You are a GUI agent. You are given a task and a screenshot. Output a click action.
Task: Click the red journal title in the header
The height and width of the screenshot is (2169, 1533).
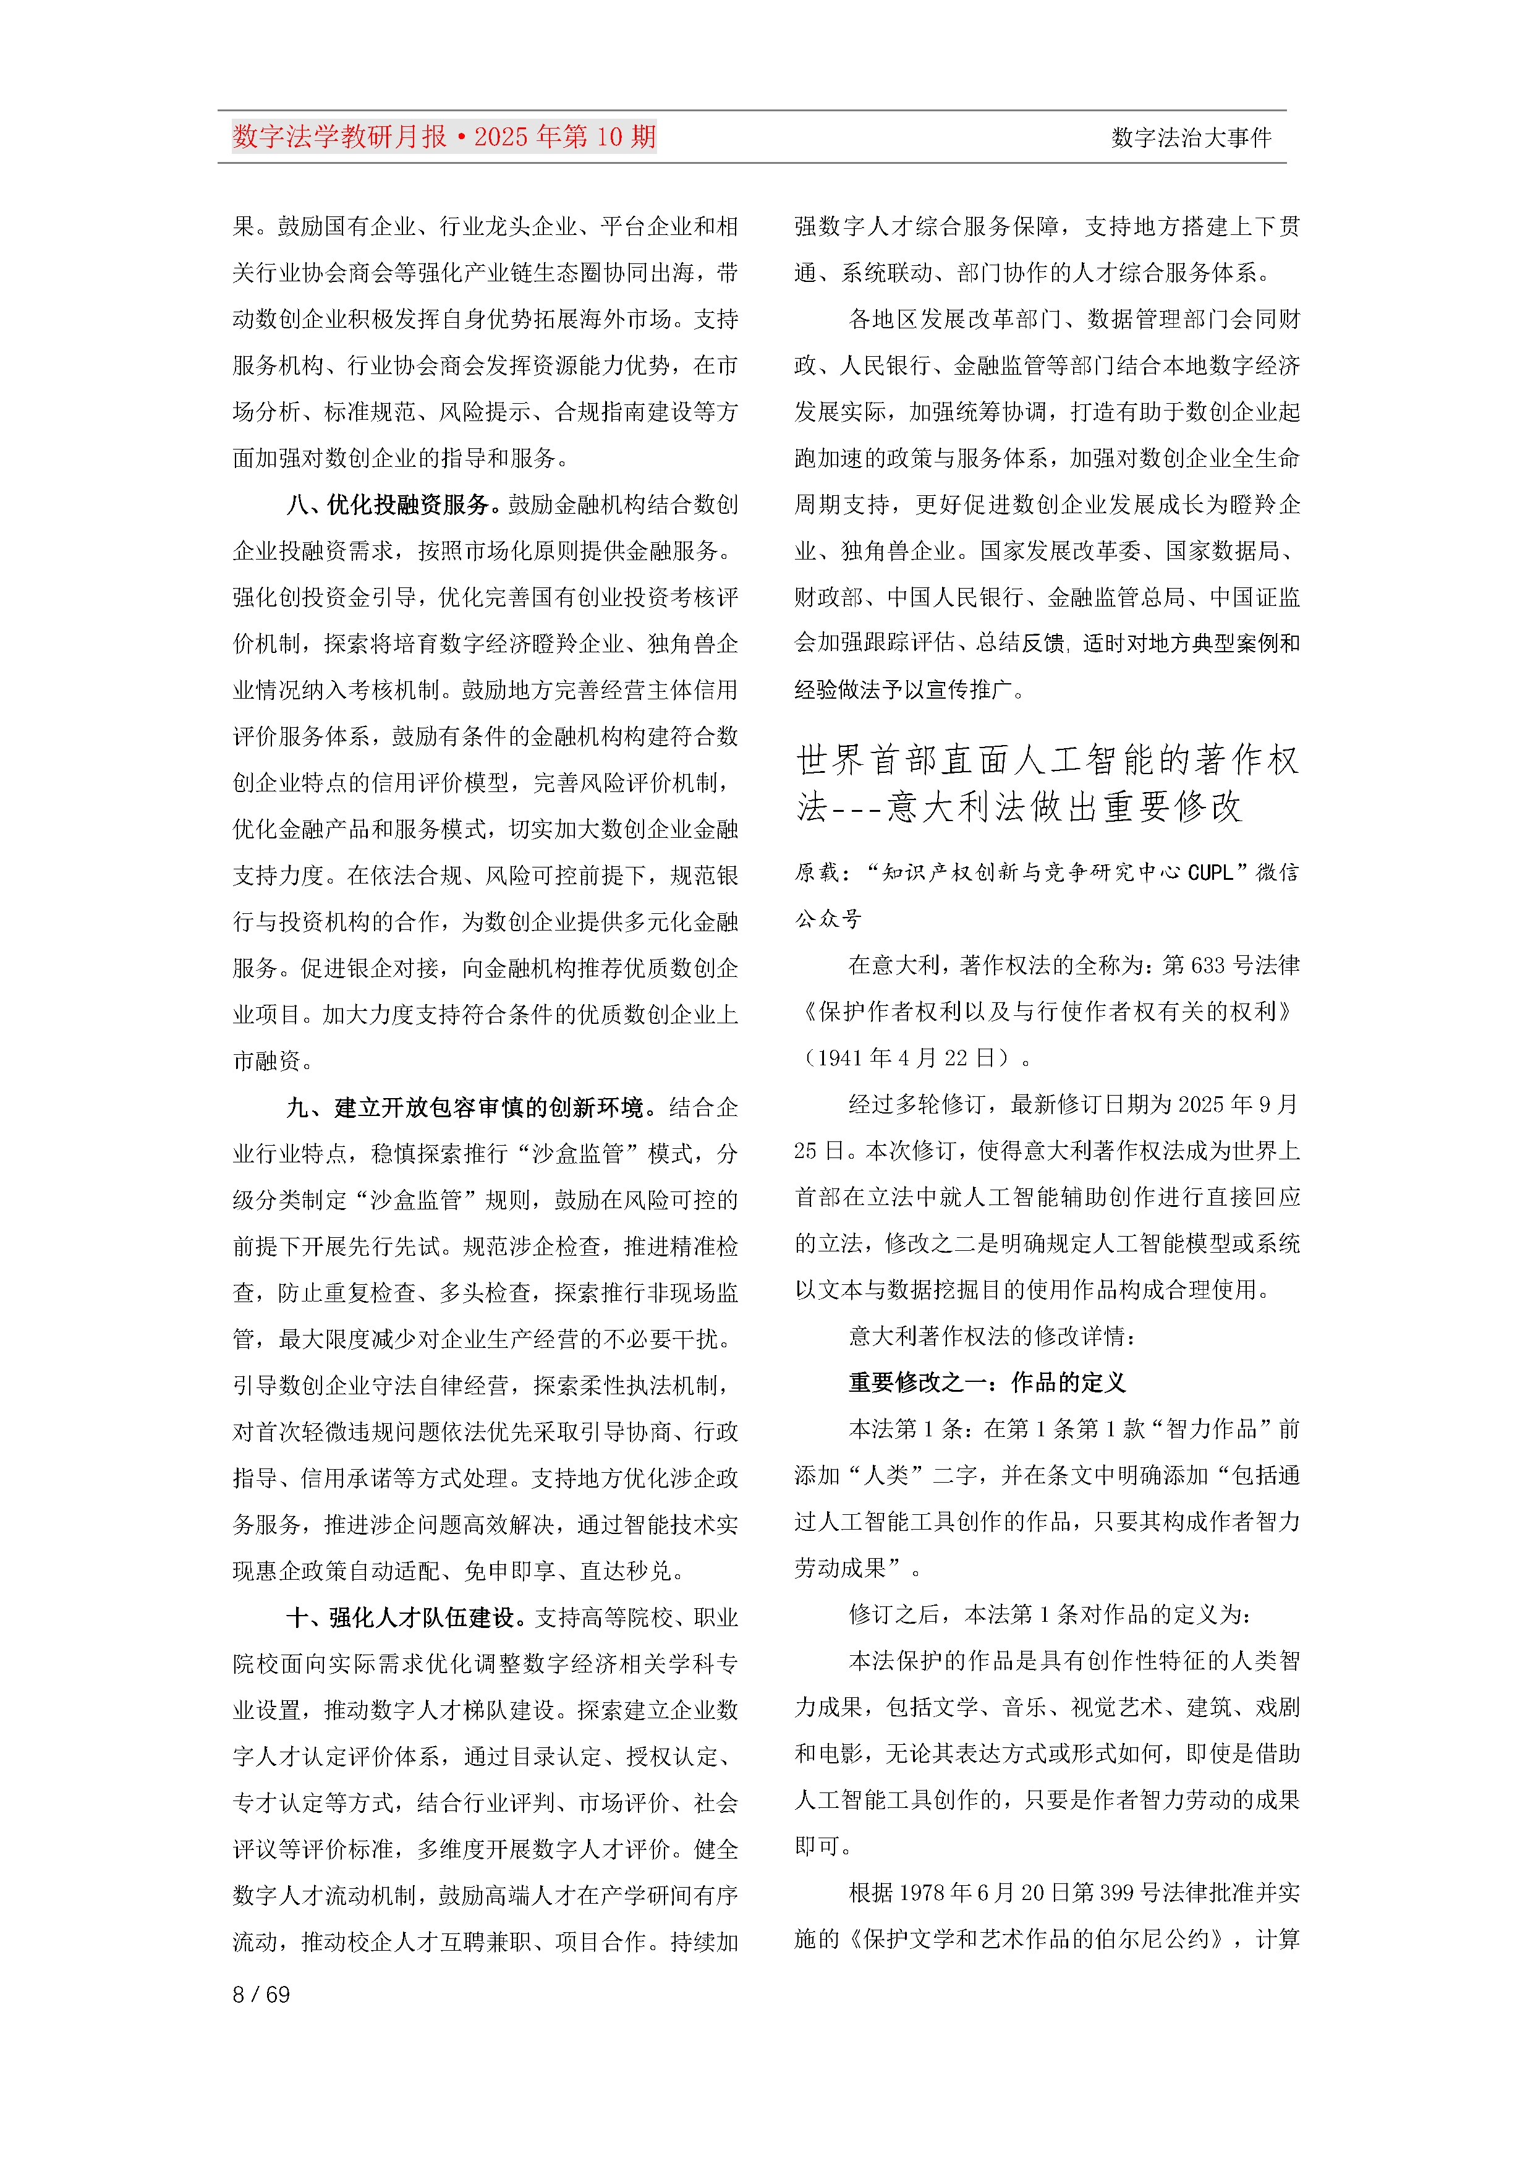444,137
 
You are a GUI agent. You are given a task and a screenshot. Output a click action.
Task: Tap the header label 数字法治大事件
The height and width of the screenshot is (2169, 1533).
1191,138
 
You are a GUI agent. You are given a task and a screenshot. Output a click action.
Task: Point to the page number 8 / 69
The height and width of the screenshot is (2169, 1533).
261,1994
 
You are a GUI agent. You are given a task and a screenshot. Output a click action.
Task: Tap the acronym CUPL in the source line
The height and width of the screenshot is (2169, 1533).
1210,873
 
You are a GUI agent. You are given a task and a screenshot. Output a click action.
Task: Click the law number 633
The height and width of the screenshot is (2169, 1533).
1205,965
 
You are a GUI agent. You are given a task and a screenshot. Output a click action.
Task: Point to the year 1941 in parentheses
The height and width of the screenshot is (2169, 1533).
841,1058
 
